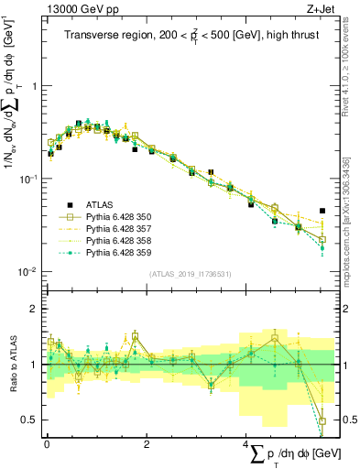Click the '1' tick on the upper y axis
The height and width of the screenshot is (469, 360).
pos(34,85)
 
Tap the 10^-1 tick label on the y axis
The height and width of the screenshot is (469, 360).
pos(29,179)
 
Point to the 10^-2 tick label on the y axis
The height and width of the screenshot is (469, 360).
pos(29,272)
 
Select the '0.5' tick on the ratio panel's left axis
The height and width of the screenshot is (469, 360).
pos(29,420)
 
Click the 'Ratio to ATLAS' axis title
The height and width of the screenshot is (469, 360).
pos(12,365)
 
